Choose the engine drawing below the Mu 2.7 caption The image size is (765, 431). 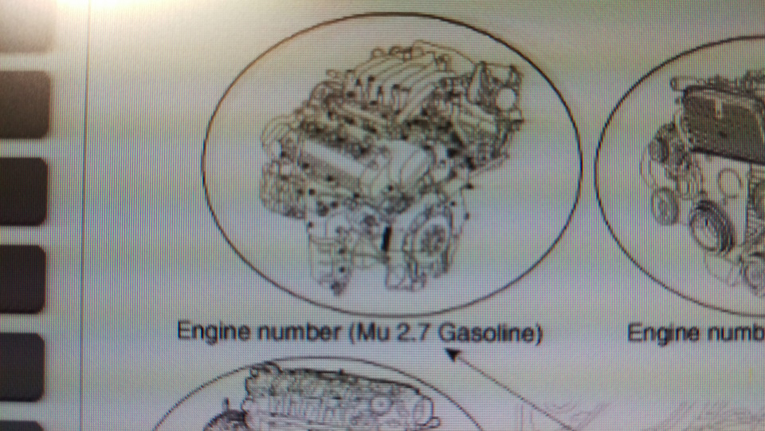(x=335, y=399)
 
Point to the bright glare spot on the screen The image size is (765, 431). (x=88, y=3)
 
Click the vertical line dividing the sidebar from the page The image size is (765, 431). (x=85, y=215)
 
